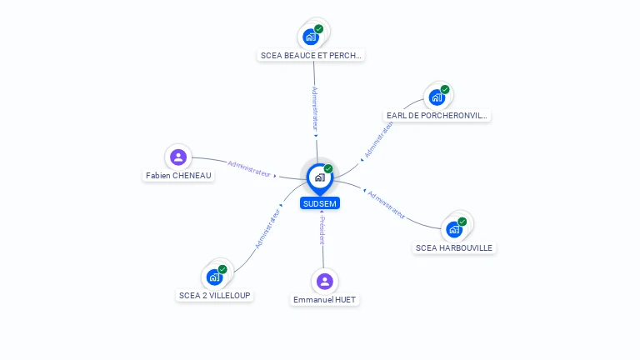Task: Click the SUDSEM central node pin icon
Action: (x=319, y=177)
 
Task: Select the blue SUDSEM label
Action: (x=320, y=203)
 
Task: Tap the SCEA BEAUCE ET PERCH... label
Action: (x=312, y=56)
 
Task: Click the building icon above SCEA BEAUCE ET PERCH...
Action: (x=311, y=37)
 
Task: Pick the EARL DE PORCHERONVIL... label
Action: (x=437, y=116)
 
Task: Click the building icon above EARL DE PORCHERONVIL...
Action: (x=437, y=97)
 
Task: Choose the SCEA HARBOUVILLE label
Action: (x=454, y=247)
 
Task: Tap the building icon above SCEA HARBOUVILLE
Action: (x=454, y=228)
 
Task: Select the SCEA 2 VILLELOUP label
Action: (x=214, y=295)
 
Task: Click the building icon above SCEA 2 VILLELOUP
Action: (x=215, y=277)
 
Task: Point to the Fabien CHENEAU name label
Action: (x=178, y=176)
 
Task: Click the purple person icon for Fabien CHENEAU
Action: (x=178, y=157)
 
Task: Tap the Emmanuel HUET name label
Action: (x=325, y=299)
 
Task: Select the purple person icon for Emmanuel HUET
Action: (x=325, y=281)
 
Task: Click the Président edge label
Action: (x=322, y=229)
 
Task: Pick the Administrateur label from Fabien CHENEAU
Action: (x=249, y=168)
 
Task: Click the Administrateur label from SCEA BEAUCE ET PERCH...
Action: (x=314, y=109)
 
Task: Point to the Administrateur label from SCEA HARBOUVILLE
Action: (x=387, y=204)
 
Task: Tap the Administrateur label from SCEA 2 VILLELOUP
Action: (x=267, y=228)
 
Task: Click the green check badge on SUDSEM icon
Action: (x=328, y=169)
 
